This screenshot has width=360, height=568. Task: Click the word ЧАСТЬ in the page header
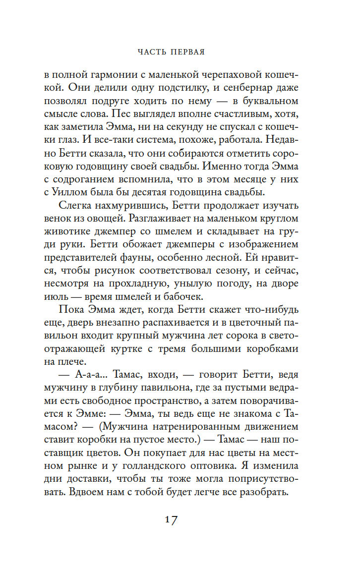(152, 51)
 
